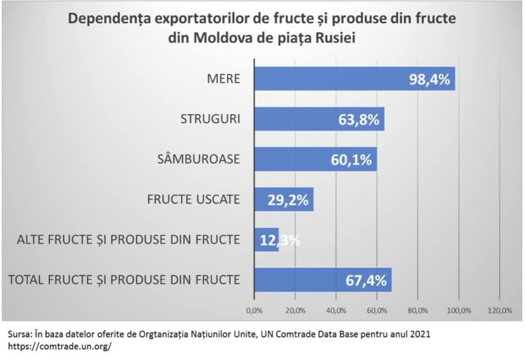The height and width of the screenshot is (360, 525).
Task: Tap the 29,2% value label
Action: click(288, 200)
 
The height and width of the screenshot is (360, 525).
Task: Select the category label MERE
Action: click(223, 79)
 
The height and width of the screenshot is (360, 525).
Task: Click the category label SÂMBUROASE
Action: click(199, 160)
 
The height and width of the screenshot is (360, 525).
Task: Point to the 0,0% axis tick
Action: click(254, 311)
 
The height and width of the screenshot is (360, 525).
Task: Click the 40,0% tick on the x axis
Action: click(336, 311)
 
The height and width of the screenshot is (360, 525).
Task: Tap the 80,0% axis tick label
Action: click(418, 311)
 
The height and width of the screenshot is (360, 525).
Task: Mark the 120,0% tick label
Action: click(499, 311)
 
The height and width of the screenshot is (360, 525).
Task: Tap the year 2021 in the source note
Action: click(419, 334)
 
